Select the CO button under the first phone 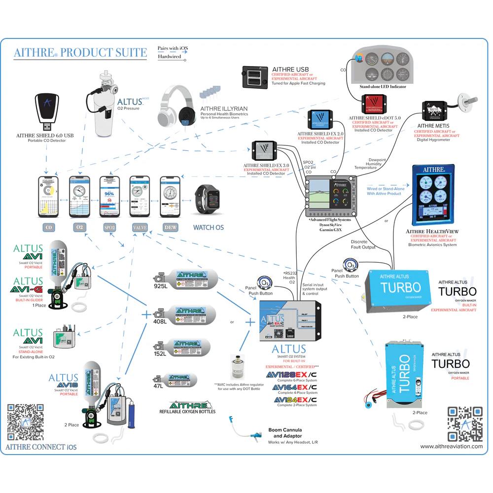point(49,228)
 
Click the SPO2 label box point(109,228)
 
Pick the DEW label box point(170,228)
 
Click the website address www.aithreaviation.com point(451,446)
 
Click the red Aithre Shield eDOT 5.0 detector point(376,105)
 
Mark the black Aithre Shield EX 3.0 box point(265,151)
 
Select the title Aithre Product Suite point(80,53)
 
